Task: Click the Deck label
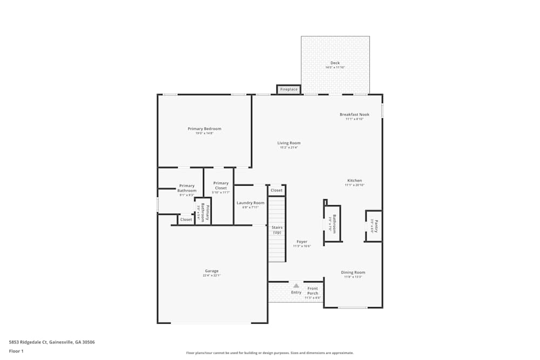click(x=335, y=63)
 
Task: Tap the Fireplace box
click(x=289, y=89)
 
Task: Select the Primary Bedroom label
click(x=204, y=129)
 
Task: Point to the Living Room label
click(x=289, y=143)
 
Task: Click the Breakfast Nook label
click(x=354, y=114)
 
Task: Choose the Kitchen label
click(x=354, y=181)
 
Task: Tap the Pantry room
click(x=374, y=226)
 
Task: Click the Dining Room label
click(x=353, y=273)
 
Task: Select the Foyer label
click(x=301, y=242)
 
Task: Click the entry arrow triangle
click(x=296, y=285)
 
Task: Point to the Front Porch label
click(x=313, y=291)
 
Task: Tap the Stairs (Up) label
click(x=276, y=229)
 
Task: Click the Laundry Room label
click(x=251, y=203)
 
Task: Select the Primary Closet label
click(x=221, y=186)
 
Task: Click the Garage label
click(x=212, y=271)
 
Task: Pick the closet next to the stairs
click(x=276, y=191)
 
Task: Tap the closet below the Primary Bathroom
click(x=186, y=220)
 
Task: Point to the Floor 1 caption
click(x=16, y=351)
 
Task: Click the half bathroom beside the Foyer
click(x=333, y=223)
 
